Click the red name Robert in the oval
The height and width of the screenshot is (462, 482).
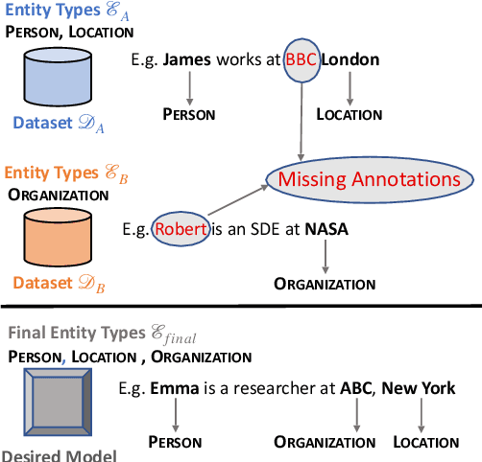(x=180, y=230)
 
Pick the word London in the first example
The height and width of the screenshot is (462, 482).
(x=349, y=59)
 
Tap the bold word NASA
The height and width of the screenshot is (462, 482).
(x=327, y=230)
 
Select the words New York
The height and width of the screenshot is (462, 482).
(x=419, y=389)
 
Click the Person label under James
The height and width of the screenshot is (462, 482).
(x=188, y=115)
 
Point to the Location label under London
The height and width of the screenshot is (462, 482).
(x=350, y=115)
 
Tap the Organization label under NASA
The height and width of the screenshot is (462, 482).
(x=325, y=284)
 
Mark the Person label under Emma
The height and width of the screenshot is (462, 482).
(x=175, y=442)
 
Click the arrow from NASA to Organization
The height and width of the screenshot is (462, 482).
(x=325, y=257)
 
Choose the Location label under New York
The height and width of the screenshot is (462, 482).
(x=426, y=442)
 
